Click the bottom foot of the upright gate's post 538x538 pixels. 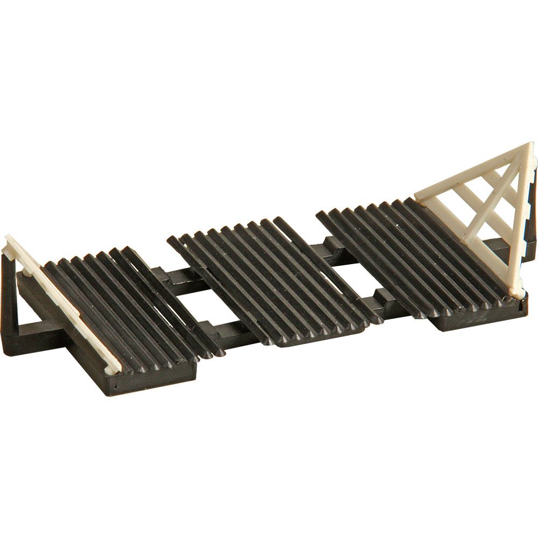coord(518,294)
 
